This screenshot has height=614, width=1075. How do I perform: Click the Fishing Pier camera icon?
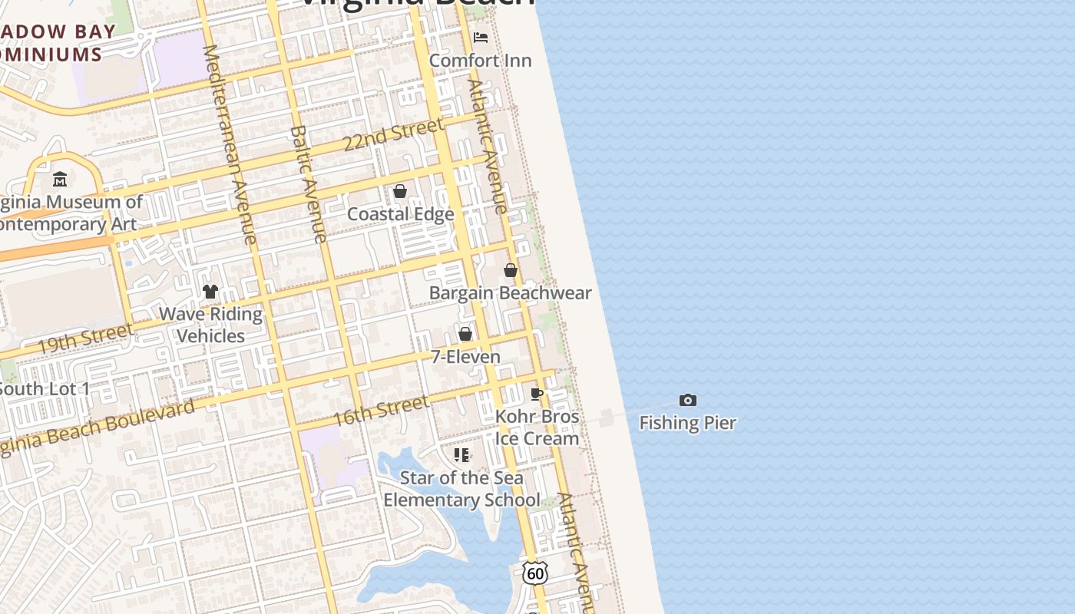pos(688,400)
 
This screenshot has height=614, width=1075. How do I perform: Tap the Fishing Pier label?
pos(687,423)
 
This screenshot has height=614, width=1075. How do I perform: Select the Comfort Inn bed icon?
pos(481,37)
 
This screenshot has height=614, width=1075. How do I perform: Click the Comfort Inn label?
pos(480,61)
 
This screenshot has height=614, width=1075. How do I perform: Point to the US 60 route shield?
pos(535,572)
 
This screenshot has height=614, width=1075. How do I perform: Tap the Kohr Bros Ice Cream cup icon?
pos(537,394)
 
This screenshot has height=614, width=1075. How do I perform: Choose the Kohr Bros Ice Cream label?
pos(537,427)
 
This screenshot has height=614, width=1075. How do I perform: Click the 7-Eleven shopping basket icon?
pos(465,334)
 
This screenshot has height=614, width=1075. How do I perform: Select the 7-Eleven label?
pos(465,357)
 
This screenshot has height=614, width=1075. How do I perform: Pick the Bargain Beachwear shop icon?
pos(511,270)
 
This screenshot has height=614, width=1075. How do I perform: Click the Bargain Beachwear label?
pos(510,293)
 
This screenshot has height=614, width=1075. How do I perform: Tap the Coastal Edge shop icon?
pos(400,191)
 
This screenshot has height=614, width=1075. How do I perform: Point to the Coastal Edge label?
pos(400,214)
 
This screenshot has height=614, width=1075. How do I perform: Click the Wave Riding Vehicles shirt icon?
pos(210,292)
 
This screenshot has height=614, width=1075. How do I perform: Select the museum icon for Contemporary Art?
pos(60,180)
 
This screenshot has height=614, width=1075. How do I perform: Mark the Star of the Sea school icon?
pos(461,455)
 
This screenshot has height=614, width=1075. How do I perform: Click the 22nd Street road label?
pos(393,134)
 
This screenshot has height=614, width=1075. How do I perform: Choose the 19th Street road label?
pos(84,338)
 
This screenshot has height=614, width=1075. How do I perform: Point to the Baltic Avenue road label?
pos(309,184)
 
